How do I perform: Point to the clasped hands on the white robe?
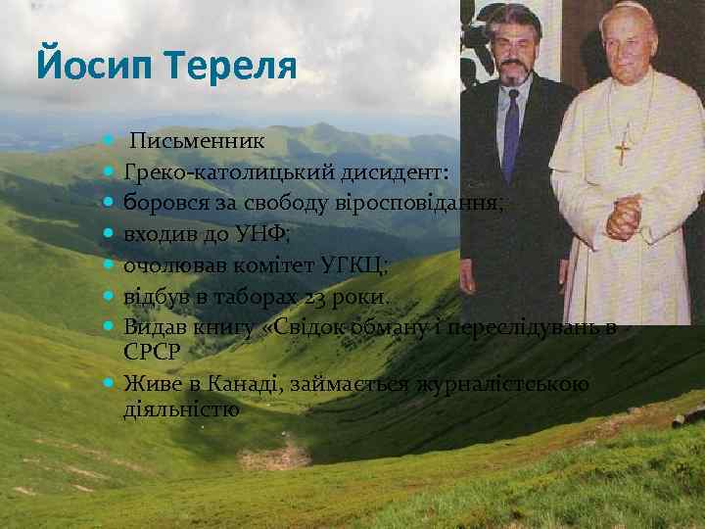(x=624, y=216)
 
